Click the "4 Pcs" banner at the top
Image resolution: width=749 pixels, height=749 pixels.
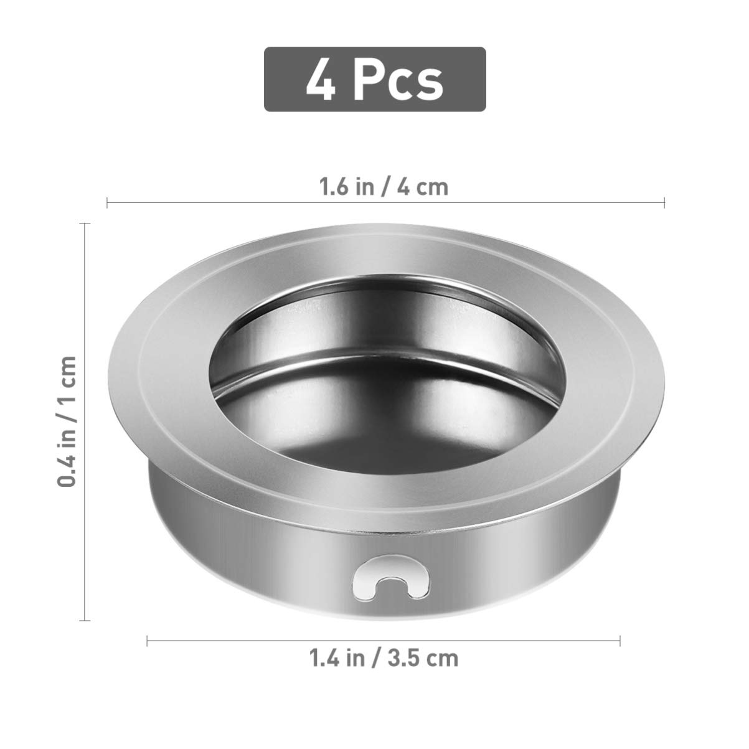(x=374, y=79)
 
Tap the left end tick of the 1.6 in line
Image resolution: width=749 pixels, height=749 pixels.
(x=107, y=202)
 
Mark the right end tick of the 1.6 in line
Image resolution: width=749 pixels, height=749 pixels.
(x=665, y=202)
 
